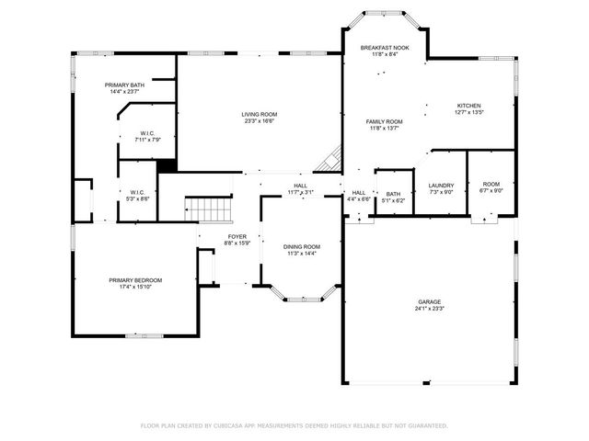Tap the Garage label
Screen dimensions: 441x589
(429, 301)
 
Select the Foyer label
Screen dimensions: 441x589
(237, 238)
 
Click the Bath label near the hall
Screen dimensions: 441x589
(393, 195)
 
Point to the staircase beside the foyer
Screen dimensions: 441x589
(209, 209)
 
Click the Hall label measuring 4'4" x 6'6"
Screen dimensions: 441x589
(359, 195)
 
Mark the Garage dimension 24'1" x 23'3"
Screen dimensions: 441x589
(429, 309)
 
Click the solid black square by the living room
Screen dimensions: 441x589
(167, 166)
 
